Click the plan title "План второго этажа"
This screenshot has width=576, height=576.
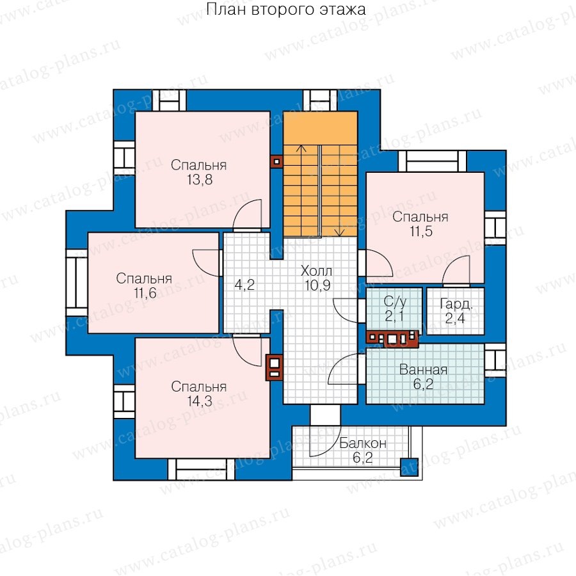(286, 10)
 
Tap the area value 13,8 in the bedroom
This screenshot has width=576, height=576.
(200, 180)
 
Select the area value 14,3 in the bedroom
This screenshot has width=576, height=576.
(200, 401)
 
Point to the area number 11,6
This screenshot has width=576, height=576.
(145, 293)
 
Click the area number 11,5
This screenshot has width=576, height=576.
(421, 232)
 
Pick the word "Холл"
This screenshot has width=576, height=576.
(316, 271)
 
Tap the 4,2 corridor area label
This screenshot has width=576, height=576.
(244, 285)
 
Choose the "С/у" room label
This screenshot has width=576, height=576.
(395, 302)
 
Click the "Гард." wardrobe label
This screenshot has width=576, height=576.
(456, 304)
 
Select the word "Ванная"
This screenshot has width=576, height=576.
(423, 369)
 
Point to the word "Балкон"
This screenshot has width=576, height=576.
(363, 443)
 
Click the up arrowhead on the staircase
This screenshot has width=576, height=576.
(301, 148)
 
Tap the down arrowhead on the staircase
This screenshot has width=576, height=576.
(340, 232)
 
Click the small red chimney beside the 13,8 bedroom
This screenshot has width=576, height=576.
(276, 162)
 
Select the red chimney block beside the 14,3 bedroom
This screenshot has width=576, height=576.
(274, 367)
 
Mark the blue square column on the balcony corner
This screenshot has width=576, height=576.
(409, 467)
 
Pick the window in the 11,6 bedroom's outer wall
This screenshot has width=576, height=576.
(76, 282)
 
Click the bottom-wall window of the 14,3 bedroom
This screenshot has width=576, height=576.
(202, 469)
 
